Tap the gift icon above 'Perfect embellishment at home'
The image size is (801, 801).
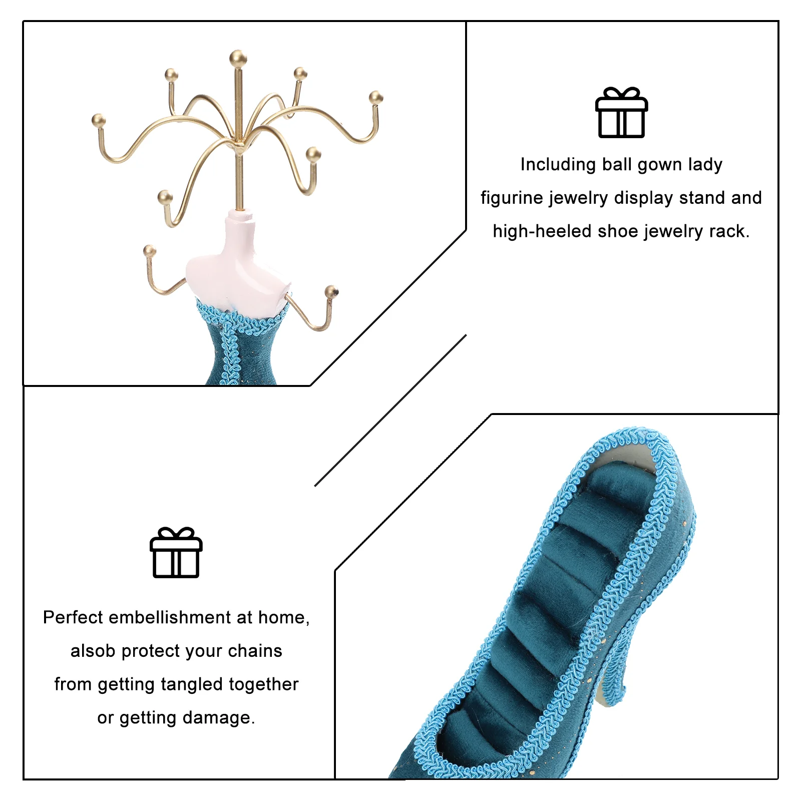click(x=176, y=552)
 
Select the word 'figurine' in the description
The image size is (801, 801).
click(x=512, y=198)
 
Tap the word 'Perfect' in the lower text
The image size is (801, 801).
click(x=73, y=617)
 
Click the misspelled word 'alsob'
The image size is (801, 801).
click(x=93, y=651)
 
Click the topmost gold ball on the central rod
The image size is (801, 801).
click(x=238, y=58)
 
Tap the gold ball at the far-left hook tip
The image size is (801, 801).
click(x=98, y=120)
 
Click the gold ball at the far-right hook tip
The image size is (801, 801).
click(x=376, y=98)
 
